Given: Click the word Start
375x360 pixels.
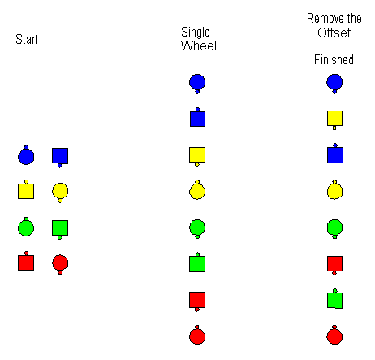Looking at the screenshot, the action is point(27,39).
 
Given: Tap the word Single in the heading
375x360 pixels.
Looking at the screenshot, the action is point(196,33).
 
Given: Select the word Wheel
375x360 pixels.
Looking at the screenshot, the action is point(199,46).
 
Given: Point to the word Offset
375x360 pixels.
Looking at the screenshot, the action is point(334,33).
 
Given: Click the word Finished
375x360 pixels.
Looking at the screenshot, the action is point(334,59).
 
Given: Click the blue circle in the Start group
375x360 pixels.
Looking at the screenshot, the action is point(26,155).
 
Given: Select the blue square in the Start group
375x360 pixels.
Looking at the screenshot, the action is point(60,158).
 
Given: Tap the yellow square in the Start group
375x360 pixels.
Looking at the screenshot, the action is point(26,189).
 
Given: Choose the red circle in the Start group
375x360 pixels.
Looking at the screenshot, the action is point(60,264).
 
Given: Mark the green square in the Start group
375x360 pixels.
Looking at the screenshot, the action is point(60,229).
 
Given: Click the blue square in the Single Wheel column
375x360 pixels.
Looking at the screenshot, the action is point(197,118).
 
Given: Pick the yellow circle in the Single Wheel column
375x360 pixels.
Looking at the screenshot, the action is point(197,190).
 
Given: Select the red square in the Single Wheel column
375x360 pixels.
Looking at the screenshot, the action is point(197,301).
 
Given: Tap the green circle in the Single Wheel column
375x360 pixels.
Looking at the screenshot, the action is point(197,228).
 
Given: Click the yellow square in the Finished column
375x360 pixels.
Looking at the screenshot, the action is point(334,120).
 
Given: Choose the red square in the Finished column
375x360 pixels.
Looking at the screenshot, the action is point(334,265).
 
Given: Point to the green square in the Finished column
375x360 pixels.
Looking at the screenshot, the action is point(334,299).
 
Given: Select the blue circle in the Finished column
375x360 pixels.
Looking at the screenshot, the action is point(334,84).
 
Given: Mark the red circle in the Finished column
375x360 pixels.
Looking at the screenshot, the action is point(334,335).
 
